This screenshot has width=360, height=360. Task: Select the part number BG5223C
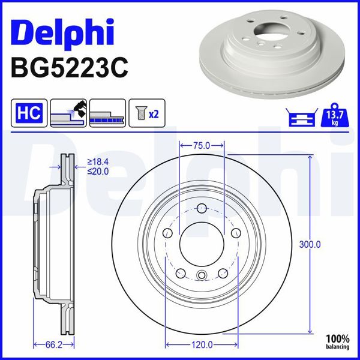click(x=69, y=68)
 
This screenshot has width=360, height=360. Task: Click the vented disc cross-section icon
click(x=107, y=113)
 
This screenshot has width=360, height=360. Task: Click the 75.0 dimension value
click(x=202, y=145)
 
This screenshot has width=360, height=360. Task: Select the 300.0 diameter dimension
click(x=310, y=244)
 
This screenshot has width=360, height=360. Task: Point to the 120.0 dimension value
click(x=202, y=344)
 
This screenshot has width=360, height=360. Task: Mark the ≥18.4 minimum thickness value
click(x=98, y=162)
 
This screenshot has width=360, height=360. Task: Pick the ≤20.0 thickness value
click(x=98, y=171)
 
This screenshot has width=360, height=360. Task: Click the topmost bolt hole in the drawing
click(x=202, y=208)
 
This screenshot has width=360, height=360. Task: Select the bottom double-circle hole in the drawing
click(x=202, y=276)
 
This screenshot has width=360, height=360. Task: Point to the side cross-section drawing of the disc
click(x=54, y=245)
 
